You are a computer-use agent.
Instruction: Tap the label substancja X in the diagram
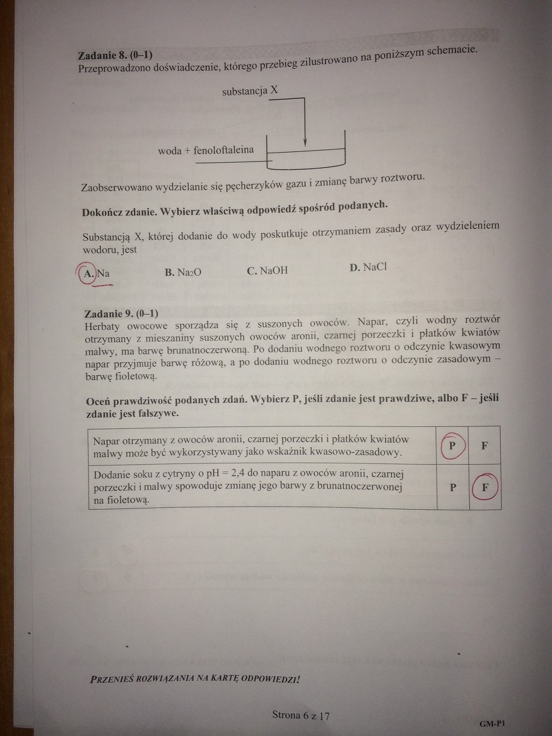tap(250, 91)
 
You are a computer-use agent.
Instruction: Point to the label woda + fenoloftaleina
tap(206, 150)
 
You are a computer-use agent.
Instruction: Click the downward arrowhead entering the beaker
tap(305, 142)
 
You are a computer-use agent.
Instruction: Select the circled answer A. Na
tap(97, 273)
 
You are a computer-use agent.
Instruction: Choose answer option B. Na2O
tap(183, 272)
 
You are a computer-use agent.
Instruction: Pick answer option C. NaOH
tap(267, 270)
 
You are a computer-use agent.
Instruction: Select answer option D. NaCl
tap(367, 267)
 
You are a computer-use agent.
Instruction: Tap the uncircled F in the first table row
tap(484, 446)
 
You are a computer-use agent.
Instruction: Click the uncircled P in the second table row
tap(452, 488)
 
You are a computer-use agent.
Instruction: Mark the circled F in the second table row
tap(485, 487)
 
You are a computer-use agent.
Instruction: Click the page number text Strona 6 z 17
tap(300, 715)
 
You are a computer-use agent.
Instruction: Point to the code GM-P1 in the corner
tap(492, 723)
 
